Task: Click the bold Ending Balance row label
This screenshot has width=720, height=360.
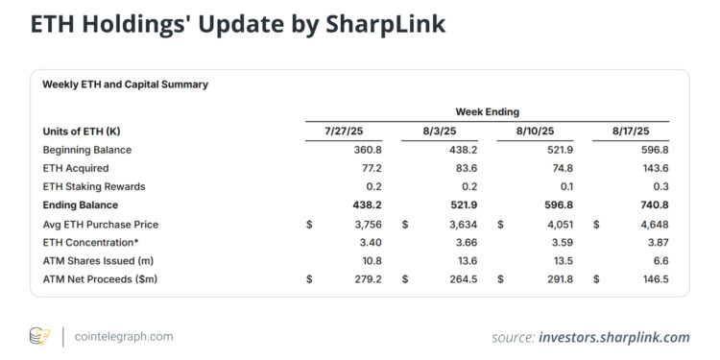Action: pyautogui.click(x=81, y=204)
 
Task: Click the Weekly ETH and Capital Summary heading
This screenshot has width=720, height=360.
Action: pyautogui.click(x=125, y=84)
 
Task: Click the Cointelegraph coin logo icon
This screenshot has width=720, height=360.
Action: pyautogui.click(x=39, y=336)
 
